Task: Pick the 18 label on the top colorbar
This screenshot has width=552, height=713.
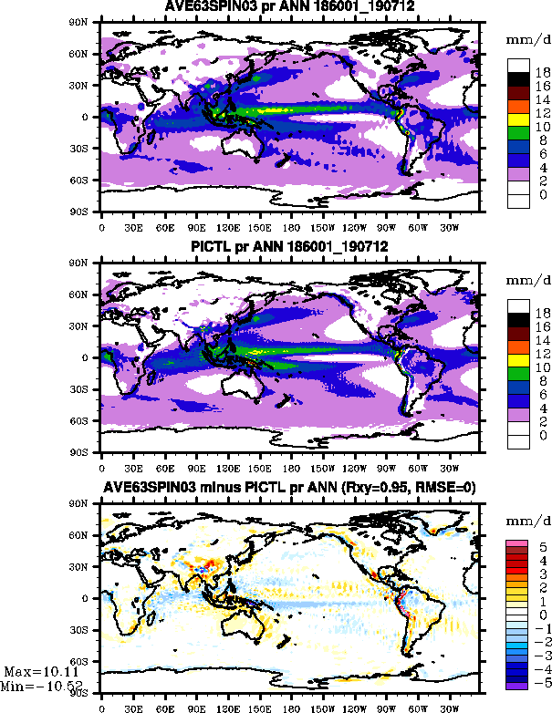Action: click(x=542, y=70)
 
